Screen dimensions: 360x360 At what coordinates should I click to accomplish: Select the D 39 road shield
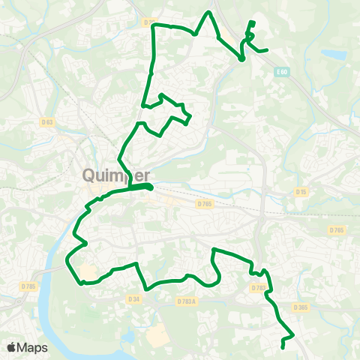point(148,23)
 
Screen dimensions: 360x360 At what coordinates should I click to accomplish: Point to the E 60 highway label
point(281,72)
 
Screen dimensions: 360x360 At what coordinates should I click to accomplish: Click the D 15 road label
point(301,192)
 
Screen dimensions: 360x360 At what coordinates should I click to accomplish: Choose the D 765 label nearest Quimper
point(205,203)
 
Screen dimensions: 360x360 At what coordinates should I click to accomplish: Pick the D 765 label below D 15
point(337,229)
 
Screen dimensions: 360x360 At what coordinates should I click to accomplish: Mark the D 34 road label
point(133,298)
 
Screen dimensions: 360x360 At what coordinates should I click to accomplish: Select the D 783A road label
point(186,301)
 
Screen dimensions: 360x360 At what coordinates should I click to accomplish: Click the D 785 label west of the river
point(29,286)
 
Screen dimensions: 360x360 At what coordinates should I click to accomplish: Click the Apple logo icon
point(11,347)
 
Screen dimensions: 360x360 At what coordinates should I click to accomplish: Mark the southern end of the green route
point(282,347)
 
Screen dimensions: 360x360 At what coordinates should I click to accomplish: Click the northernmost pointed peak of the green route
point(209,13)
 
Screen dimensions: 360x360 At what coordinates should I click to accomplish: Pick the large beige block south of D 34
point(158,336)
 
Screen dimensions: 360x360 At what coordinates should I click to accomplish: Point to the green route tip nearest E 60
point(266,50)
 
